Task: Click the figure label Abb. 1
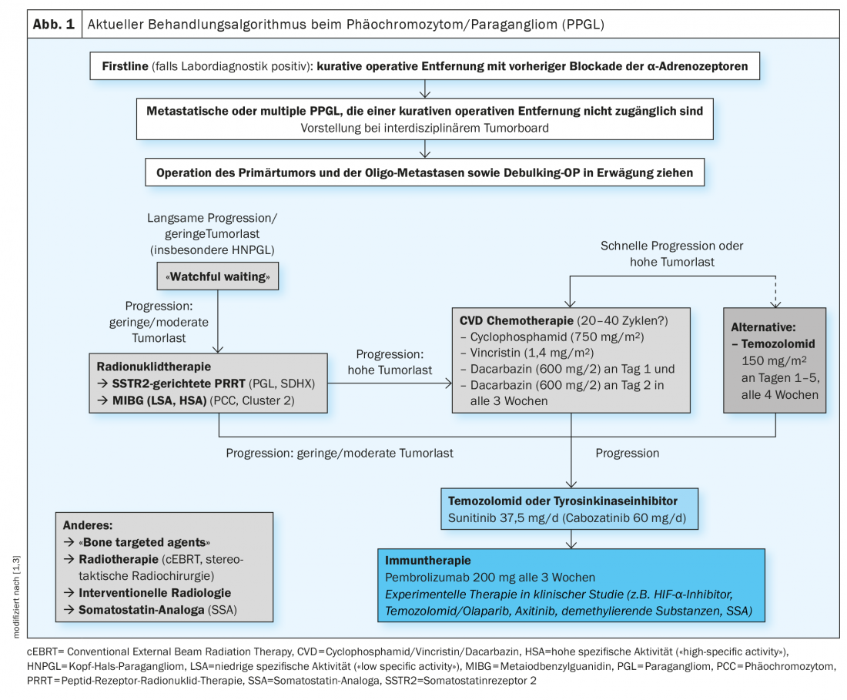pyautogui.click(x=54, y=24)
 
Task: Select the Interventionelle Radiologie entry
pyautogui.click(x=155, y=593)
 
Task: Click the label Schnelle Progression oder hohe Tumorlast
pyautogui.click(x=672, y=254)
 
